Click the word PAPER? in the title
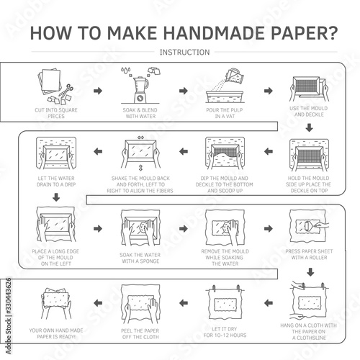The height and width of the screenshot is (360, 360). tap(305, 33)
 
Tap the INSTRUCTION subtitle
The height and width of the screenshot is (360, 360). tap(184, 52)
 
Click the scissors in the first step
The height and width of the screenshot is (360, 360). tap(66, 91)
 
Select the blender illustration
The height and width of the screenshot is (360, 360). tap(140, 90)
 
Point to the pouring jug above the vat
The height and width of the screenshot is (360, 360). tap(235, 76)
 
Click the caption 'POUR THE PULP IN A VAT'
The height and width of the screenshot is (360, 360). tap(225, 113)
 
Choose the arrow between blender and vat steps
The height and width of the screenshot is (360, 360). tap(184, 91)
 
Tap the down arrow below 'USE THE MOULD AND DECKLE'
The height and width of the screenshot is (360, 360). tap(310, 127)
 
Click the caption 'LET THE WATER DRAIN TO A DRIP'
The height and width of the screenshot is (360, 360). tap(56, 181)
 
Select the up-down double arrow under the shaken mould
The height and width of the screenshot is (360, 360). tap(140, 168)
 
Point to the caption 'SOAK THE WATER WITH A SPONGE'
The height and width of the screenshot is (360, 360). tap(140, 258)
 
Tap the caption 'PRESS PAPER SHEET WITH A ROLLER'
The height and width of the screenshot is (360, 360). tap(309, 254)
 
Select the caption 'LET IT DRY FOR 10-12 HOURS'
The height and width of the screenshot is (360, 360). tap(225, 332)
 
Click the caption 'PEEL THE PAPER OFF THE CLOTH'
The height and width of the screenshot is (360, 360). tap(140, 333)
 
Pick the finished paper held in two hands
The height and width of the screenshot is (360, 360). tap(55, 297)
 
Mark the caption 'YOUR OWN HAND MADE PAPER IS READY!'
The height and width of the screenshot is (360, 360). tap(56, 333)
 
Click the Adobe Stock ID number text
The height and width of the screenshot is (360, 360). tap(8, 296)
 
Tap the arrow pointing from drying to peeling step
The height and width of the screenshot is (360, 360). tap(184, 303)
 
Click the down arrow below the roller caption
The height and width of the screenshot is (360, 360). tap(310, 272)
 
